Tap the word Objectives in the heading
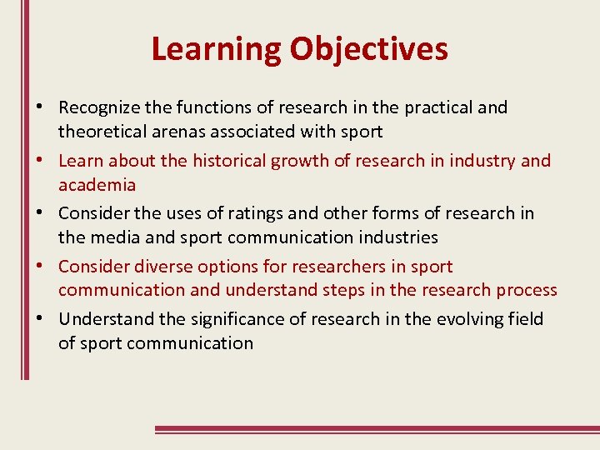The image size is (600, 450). pos(368,49)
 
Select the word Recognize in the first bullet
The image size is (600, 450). pos(100,107)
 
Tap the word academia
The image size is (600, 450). pos(97,184)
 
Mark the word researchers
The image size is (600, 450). pos(334,267)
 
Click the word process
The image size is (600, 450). pos(525,290)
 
